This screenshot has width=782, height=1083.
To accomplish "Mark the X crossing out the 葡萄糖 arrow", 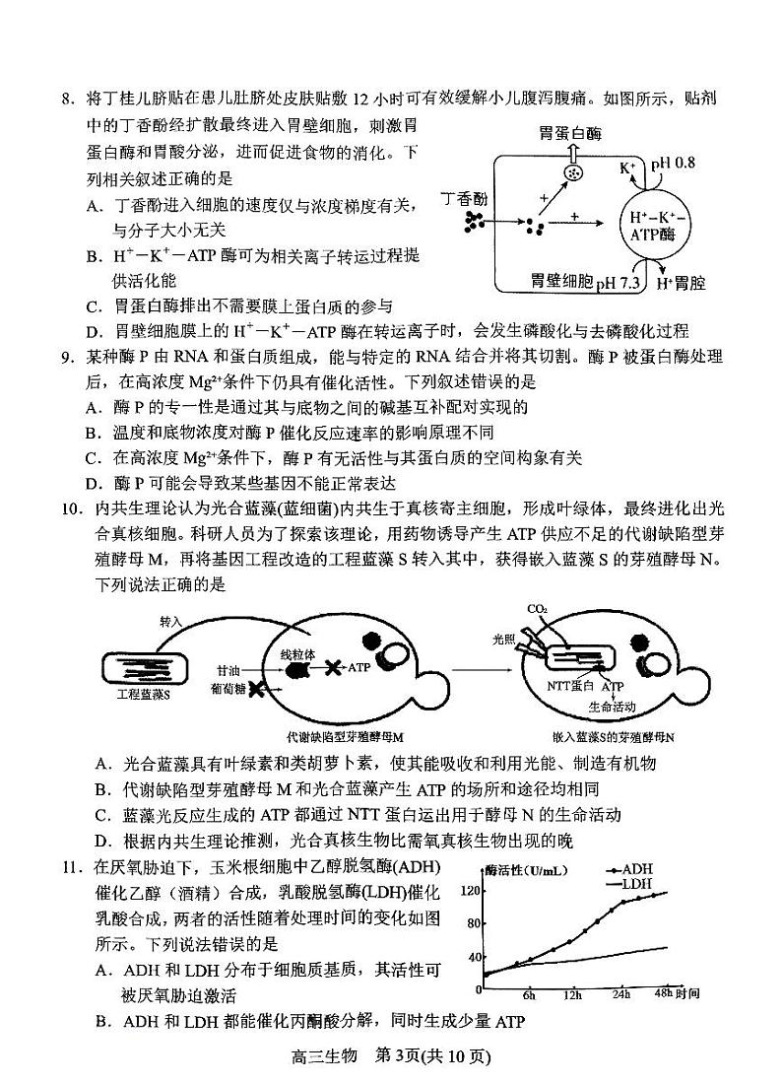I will click(258, 691).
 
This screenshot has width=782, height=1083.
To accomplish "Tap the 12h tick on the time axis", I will click(572, 995).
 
